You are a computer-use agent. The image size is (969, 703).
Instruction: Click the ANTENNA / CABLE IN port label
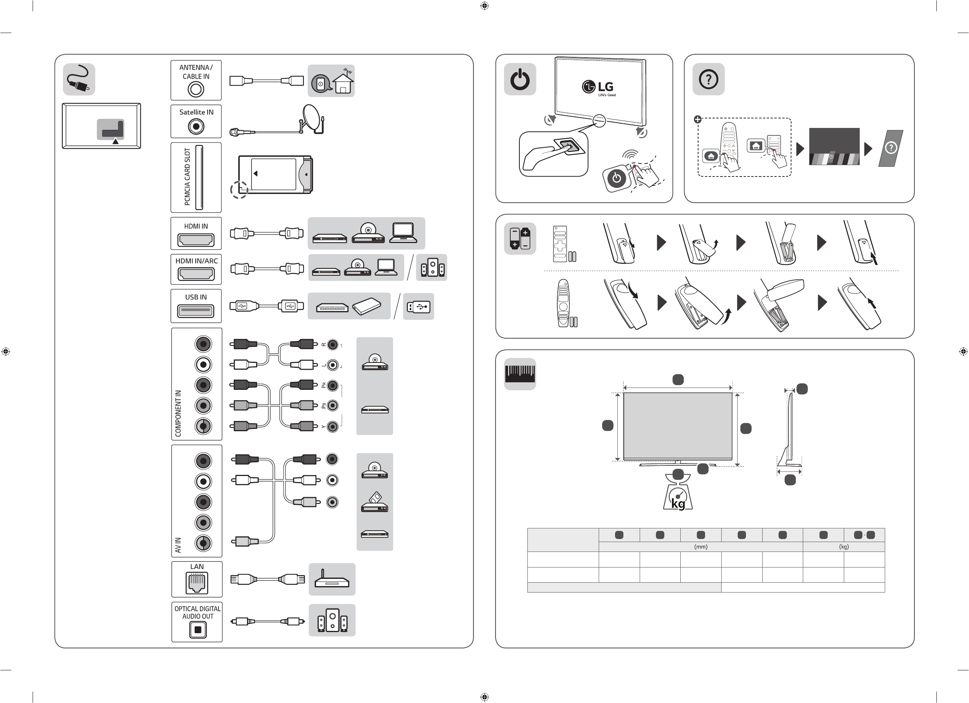196,72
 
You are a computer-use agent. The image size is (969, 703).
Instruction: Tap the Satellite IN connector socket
196,126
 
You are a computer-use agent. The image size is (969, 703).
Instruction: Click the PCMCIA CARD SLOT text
187,177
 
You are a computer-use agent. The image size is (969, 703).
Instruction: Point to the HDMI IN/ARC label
197,261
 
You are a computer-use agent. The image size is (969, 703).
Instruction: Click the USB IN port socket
196,310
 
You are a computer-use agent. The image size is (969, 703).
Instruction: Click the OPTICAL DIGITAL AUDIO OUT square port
197,629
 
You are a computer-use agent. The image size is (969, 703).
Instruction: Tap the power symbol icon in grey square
520,79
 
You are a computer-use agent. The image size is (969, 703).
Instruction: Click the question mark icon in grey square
708,79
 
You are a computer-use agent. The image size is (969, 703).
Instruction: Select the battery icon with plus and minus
520,239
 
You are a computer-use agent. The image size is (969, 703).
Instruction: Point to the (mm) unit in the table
701,547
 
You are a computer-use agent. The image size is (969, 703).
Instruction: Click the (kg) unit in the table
843,547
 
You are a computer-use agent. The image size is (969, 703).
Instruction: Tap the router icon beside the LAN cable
332,580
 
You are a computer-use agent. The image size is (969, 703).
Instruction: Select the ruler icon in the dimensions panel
520,374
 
